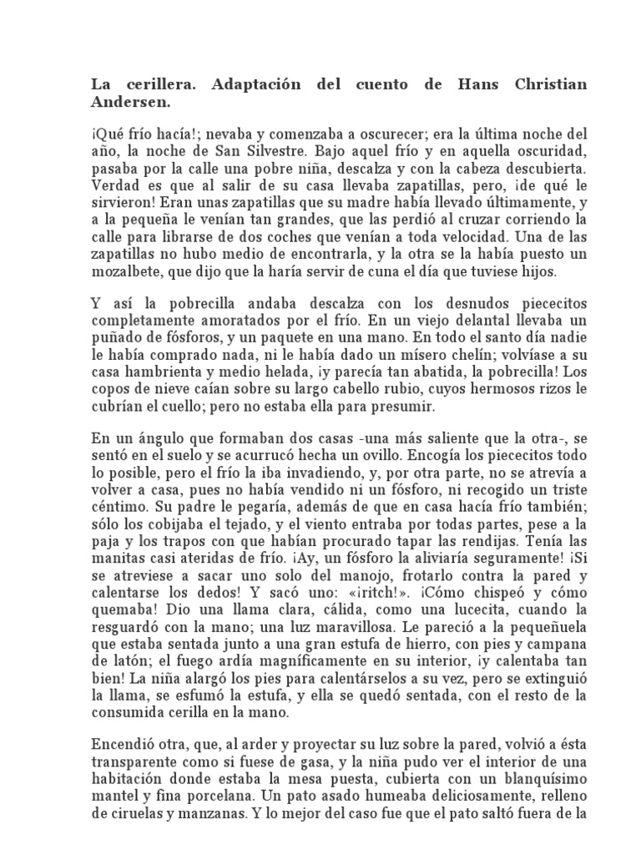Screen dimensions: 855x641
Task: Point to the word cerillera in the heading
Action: tap(159, 85)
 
